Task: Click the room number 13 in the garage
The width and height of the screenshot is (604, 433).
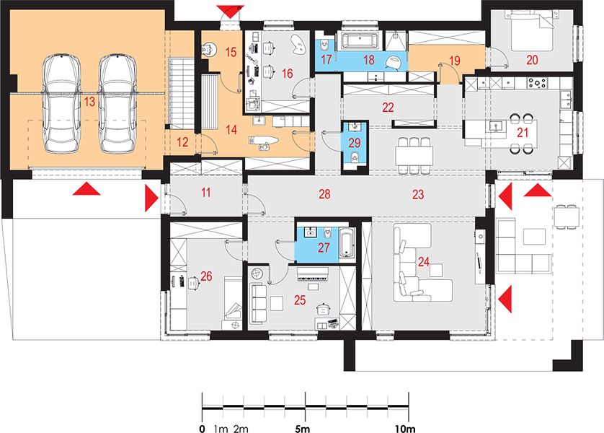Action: (x=89, y=102)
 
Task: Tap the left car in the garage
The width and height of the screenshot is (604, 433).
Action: (x=62, y=104)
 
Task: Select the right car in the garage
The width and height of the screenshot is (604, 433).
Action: (x=117, y=104)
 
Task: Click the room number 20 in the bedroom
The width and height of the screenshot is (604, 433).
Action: (x=532, y=60)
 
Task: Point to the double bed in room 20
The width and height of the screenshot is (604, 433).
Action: (x=533, y=30)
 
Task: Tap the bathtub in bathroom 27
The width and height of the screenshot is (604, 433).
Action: (x=346, y=243)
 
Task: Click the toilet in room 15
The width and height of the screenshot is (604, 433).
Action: (x=209, y=50)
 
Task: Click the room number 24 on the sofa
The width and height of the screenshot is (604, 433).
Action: (x=424, y=262)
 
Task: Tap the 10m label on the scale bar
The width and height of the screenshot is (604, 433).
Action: (x=405, y=429)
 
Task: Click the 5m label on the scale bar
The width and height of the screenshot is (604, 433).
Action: (x=303, y=429)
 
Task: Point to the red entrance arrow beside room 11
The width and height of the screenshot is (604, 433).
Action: (x=151, y=198)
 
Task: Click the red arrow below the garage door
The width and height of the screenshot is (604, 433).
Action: (x=86, y=189)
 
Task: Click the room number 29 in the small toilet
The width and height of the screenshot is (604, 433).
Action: (x=355, y=143)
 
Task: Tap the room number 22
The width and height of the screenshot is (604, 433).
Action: (x=388, y=108)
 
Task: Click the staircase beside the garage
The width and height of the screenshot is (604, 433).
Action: (x=182, y=93)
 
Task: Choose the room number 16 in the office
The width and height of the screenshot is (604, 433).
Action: (x=288, y=74)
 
